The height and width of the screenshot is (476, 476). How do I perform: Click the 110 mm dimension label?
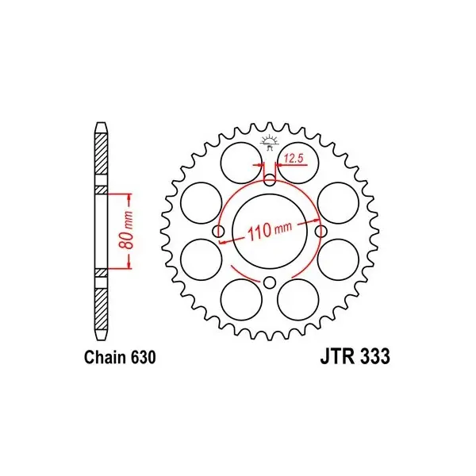[270, 229]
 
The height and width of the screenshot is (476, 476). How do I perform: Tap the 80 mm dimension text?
[128, 230]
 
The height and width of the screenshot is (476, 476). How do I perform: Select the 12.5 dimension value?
[294, 158]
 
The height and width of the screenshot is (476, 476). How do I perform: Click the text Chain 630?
[121, 357]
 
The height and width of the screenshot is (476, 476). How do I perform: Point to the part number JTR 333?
[355, 356]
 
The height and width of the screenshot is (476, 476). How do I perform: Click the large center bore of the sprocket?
[270, 232]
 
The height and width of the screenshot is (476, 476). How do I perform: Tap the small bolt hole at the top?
[270, 181]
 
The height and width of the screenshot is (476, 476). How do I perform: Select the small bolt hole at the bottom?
[269, 282]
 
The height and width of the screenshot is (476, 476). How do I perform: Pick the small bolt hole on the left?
[219, 232]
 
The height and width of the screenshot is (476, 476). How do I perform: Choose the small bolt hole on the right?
[321, 232]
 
